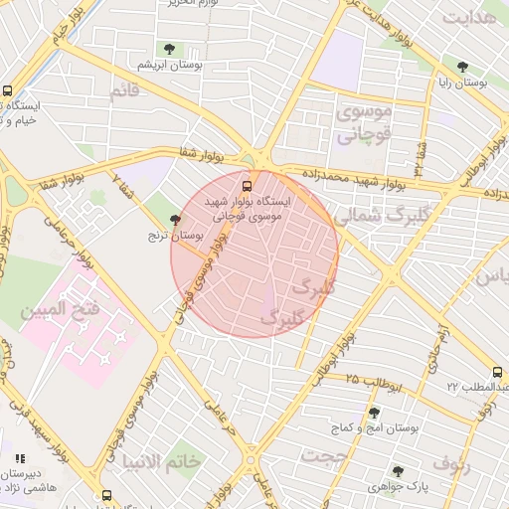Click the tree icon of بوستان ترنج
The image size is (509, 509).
(x=176, y=220)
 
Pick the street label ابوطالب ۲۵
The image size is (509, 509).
(x=372, y=380)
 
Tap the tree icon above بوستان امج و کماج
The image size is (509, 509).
(x=374, y=413)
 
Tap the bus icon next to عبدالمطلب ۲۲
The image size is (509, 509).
(x=497, y=372)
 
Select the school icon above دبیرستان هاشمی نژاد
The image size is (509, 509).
(x=19, y=458)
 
